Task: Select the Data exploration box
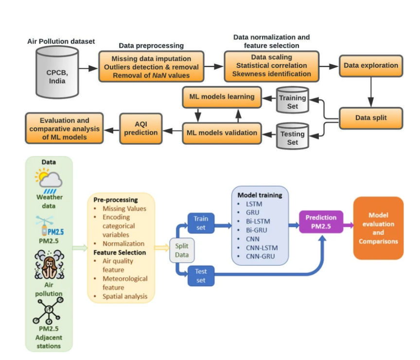click(x=370, y=65)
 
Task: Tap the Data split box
click(x=370, y=118)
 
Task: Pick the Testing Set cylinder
click(x=292, y=137)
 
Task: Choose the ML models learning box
click(x=222, y=97)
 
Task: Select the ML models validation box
click(x=222, y=133)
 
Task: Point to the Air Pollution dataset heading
click(x=61, y=41)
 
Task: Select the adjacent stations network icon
click(x=48, y=311)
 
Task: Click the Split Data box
click(x=181, y=250)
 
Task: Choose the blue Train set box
click(x=201, y=223)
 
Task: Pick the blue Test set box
click(x=201, y=276)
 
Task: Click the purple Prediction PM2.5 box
click(x=321, y=223)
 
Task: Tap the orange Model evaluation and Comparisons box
click(x=378, y=228)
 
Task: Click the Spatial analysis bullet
click(x=124, y=296)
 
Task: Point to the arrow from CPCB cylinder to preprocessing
click(x=87, y=69)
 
